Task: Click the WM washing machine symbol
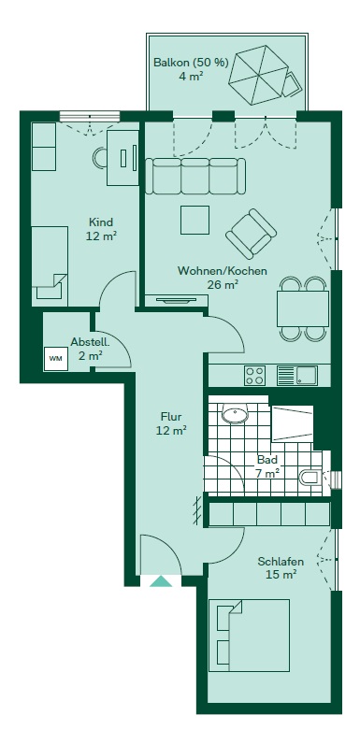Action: [x=56, y=359]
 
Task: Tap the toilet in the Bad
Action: [x=311, y=477]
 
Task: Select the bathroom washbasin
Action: [x=235, y=414]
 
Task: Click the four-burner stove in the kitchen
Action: [x=255, y=376]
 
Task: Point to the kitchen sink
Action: [x=297, y=376]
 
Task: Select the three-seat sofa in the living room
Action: [x=195, y=176]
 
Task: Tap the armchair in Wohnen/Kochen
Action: [x=252, y=234]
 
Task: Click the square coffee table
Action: [x=194, y=220]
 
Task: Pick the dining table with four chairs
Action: [x=303, y=308]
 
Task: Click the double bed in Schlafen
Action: [x=249, y=636]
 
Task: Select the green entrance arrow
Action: [x=161, y=581]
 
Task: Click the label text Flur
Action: [x=171, y=417]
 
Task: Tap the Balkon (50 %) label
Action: [x=191, y=63]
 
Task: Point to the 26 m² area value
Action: [x=223, y=285]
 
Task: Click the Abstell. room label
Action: [x=91, y=342]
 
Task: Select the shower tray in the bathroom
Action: [x=292, y=423]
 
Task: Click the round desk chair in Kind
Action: [x=101, y=158]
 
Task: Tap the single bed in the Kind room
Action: [x=50, y=263]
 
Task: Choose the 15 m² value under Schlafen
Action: [x=281, y=575]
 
